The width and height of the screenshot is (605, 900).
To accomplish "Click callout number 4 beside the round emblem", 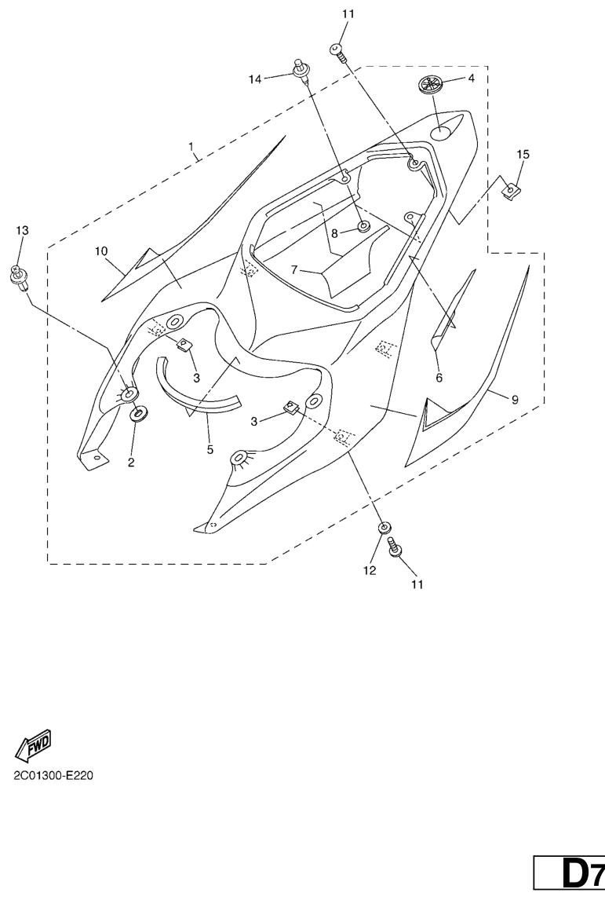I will pos(471,79).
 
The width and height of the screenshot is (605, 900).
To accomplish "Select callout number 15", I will pos(523,155).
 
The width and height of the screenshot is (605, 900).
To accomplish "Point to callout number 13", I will pos(22,230).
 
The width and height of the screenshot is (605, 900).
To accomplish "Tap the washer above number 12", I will pos(384,528).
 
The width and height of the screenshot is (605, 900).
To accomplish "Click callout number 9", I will pos(515,400).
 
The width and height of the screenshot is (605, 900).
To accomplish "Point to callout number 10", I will pos(101,251).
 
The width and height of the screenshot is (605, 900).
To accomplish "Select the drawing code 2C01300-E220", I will pos(53,776).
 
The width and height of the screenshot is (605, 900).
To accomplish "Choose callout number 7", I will pos(294,269).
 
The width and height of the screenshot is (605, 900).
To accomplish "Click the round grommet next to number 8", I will pos(364,228).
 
